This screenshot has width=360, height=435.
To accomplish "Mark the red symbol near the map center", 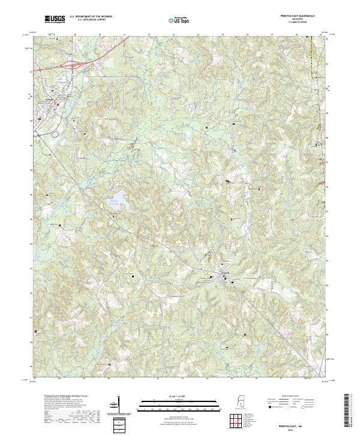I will point(227,182).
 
